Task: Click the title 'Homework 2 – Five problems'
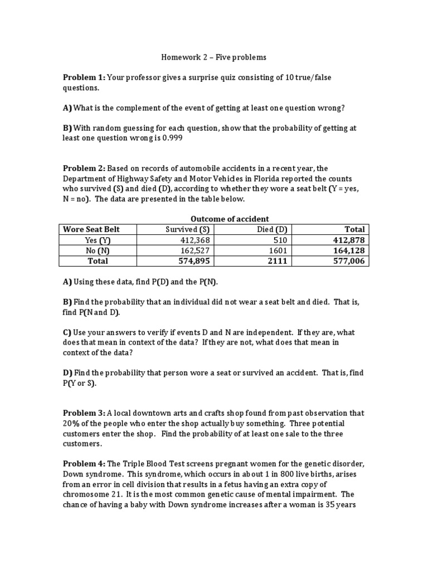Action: pyautogui.click(x=213, y=57)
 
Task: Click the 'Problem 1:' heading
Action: pyautogui.click(x=84, y=77)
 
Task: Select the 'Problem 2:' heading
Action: pyautogui.click(x=84, y=168)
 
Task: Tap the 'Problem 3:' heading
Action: pyautogui.click(x=84, y=413)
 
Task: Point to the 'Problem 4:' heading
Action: pyautogui.click(x=84, y=464)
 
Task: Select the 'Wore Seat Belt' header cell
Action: pyautogui.click(x=91, y=229)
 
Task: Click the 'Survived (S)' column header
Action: pyautogui.click(x=188, y=229)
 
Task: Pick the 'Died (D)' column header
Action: pyautogui.click(x=273, y=229)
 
